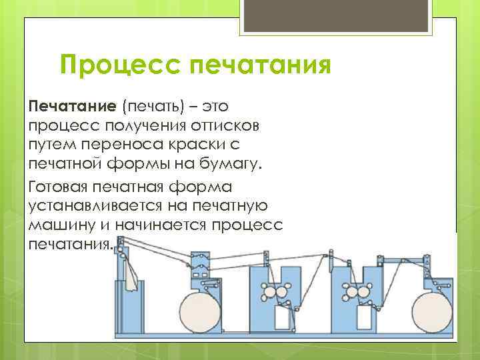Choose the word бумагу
233,163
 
